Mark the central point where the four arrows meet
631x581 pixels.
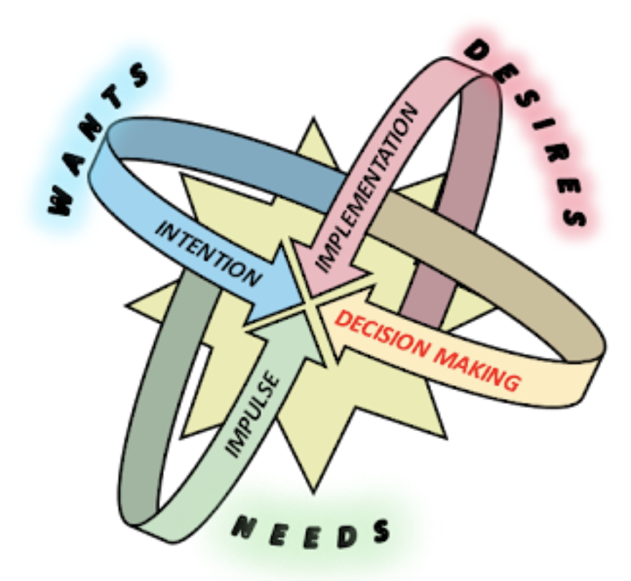(309, 304)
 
